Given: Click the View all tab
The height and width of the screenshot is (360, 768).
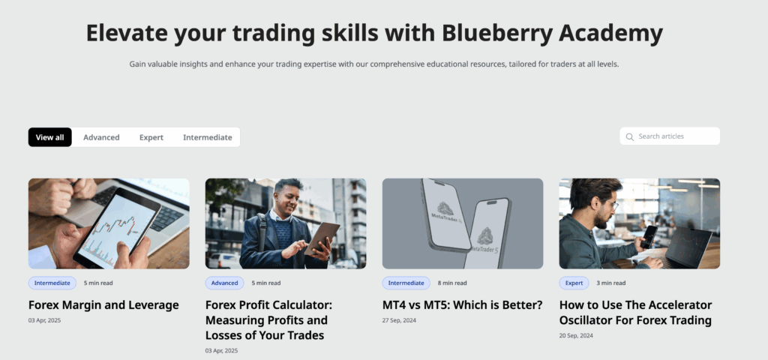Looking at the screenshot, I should (x=50, y=137).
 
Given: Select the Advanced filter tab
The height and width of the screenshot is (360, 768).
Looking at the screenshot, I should (x=101, y=137).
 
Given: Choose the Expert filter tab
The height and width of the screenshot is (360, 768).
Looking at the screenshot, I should (x=151, y=137).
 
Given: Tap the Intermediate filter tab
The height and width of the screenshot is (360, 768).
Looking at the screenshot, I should (x=207, y=137).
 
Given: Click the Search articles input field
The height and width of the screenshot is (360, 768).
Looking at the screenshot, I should (x=675, y=136).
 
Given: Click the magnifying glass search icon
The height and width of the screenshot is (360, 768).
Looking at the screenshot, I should (x=630, y=137).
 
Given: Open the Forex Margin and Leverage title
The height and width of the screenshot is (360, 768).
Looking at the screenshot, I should (x=103, y=305).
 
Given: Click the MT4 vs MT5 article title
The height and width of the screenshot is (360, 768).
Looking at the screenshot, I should (x=462, y=305).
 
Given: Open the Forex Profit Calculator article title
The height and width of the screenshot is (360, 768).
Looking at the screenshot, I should (x=268, y=320).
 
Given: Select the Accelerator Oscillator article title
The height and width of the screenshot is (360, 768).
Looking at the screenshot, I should (x=635, y=313).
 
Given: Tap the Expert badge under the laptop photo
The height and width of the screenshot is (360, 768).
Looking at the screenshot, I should (x=574, y=283).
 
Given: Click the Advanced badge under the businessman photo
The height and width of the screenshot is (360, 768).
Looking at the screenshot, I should (x=224, y=283).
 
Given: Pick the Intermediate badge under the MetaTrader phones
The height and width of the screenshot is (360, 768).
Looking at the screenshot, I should (x=406, y=283).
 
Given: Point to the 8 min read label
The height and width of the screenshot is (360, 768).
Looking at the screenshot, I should (x=452, y=283).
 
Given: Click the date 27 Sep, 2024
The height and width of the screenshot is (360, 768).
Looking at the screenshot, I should (x=399, y=320).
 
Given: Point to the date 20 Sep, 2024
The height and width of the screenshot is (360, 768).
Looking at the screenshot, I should (x=576, y=335).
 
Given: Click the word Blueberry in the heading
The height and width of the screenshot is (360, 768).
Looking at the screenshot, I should (x=485, y=33).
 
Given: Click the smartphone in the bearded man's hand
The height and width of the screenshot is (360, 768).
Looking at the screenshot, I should (x=649, y=235).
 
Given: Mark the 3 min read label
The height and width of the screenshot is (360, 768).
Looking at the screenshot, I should (x=610, y=283).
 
